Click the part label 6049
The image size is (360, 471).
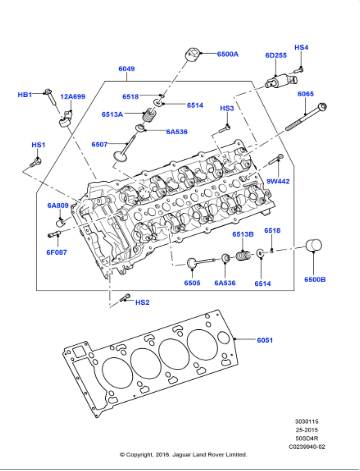(x=127, y=69)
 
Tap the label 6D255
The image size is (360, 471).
(x=276, y=56)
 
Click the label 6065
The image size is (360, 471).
(x=306, y=94)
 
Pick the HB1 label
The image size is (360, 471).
(x=25, y=94)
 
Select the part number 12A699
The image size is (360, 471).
(x=73, y=96)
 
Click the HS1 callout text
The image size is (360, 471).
(x=38, y=145)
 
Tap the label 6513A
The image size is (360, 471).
(x=139, y=115)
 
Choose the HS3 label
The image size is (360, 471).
(x=227, y=108)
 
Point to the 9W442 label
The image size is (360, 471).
(x=278, y=181)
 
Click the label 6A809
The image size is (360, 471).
(x=58, y=206)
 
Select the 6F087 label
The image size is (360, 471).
(x=57, y=253)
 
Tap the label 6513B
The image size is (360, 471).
(x=242, y=234)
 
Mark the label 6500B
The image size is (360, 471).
(x=315, y=279)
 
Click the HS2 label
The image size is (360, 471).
(x=142, y=302)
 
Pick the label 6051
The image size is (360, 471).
(x=264, y=341)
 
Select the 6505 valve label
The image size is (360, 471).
(x=192, y=283)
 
